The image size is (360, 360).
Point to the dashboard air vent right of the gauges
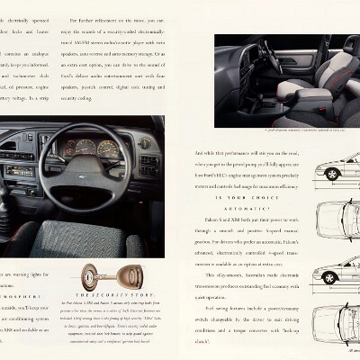(144, 143)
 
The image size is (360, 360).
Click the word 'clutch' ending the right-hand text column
(205, 343)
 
